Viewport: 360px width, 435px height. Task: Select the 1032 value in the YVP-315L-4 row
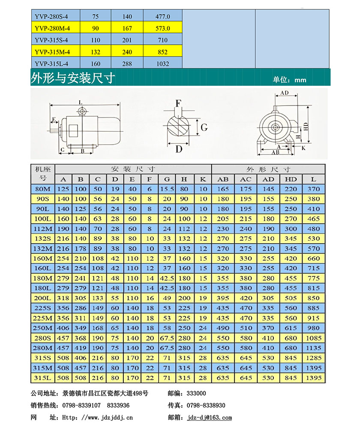[162, 64]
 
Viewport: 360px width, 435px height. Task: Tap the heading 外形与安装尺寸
[73, 78]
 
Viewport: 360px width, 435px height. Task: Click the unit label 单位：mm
[289, 80]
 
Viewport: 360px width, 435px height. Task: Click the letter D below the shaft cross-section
[179, 149]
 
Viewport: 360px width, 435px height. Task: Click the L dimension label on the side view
[80, 103]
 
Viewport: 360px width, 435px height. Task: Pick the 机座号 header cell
[43, 173]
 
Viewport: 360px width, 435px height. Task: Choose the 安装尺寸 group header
[133, 169]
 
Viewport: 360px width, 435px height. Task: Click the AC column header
[246, 179]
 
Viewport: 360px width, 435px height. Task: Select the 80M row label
[43, 189]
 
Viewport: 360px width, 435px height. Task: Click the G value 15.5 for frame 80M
[167, 189]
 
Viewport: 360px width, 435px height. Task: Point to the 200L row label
[43, 298]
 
